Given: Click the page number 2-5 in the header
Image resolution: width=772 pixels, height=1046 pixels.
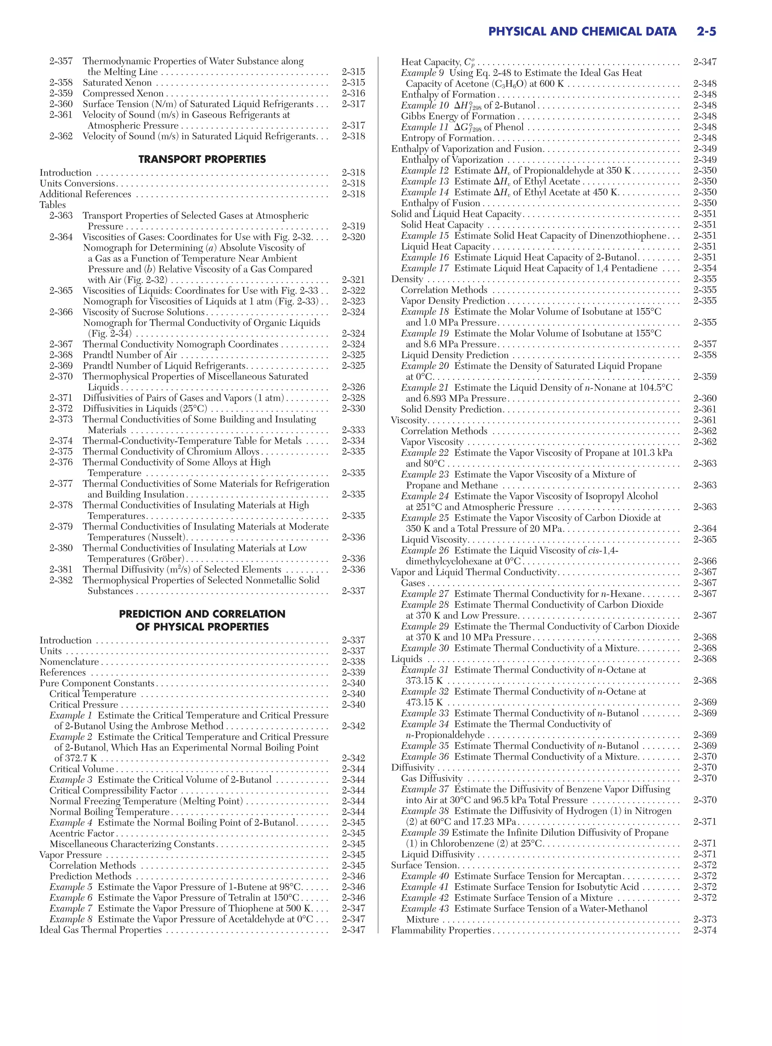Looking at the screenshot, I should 706,32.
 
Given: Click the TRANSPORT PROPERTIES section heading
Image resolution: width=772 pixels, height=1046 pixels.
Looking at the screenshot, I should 202,160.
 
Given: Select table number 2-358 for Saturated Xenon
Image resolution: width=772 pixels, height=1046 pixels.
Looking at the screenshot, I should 61,83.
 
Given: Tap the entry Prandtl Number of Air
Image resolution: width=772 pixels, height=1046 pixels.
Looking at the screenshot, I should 129,355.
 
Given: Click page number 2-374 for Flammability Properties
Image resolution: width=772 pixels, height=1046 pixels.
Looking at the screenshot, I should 705,930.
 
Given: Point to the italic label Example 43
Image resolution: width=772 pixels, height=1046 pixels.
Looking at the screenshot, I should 424,909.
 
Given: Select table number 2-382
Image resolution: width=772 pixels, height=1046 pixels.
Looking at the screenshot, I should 61,580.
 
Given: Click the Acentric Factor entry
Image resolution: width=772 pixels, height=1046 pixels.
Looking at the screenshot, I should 81,833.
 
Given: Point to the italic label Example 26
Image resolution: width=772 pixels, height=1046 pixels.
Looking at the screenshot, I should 424,550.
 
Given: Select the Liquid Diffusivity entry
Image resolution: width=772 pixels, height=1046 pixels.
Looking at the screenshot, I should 437,854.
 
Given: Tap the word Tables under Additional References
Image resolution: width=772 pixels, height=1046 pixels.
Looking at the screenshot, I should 52,205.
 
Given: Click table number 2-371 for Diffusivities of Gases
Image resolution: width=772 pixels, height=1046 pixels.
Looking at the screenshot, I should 61,398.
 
